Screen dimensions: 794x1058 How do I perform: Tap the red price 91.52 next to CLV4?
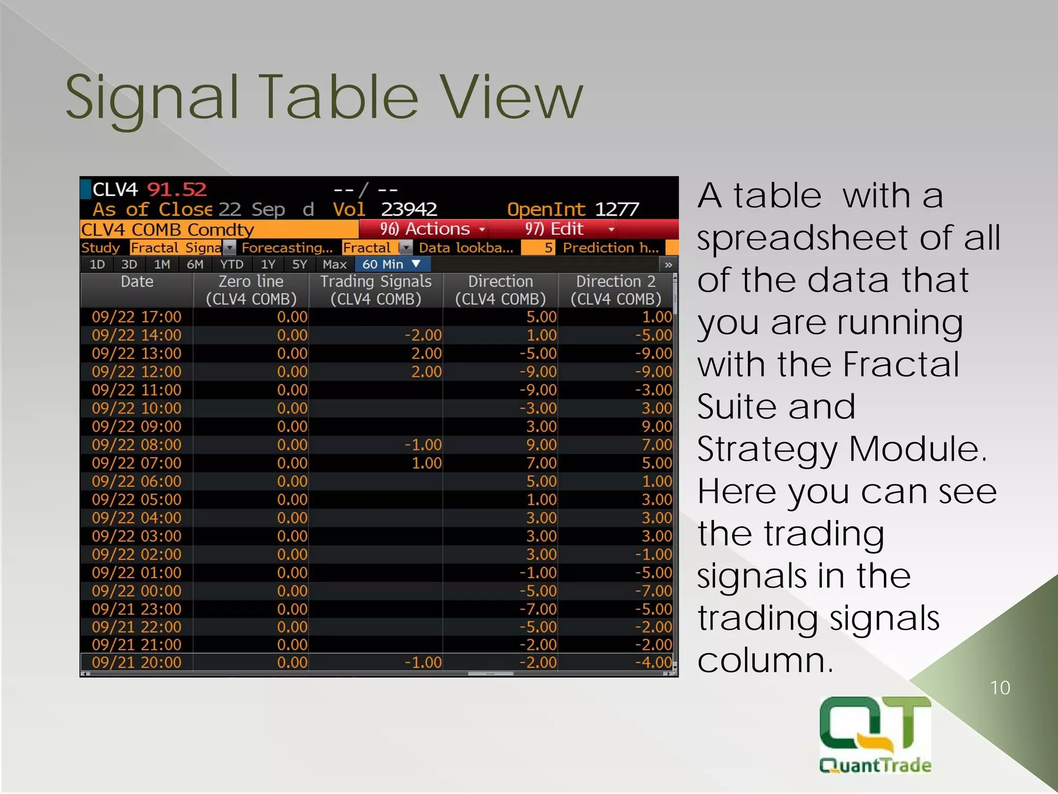177,190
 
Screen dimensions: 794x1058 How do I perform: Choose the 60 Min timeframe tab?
391,265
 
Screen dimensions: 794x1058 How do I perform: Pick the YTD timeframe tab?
231,265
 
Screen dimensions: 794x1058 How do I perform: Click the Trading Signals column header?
376,290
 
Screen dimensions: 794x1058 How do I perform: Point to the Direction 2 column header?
615,290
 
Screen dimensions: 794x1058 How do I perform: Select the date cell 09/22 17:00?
136,317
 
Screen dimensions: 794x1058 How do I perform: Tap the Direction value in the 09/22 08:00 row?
541,445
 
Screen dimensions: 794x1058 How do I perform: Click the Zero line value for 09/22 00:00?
292,591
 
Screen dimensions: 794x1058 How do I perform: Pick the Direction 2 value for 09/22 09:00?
657,426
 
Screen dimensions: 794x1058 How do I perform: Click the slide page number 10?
1000,688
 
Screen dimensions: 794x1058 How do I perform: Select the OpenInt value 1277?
617,209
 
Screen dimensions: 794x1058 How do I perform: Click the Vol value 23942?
409,209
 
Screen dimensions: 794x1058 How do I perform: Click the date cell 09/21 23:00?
136,609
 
